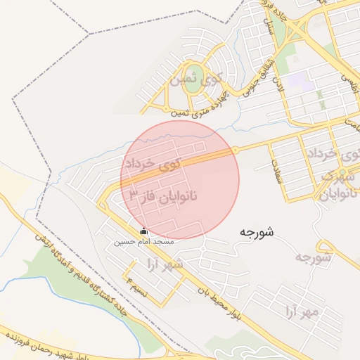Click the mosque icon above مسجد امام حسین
coord(144,231)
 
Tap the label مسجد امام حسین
coord(143,241)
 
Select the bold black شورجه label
coord(256,231)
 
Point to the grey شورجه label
coord(313,257)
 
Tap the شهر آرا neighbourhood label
coord(162,263)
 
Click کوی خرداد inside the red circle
coord(151,162)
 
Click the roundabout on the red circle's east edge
coord(236,150)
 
